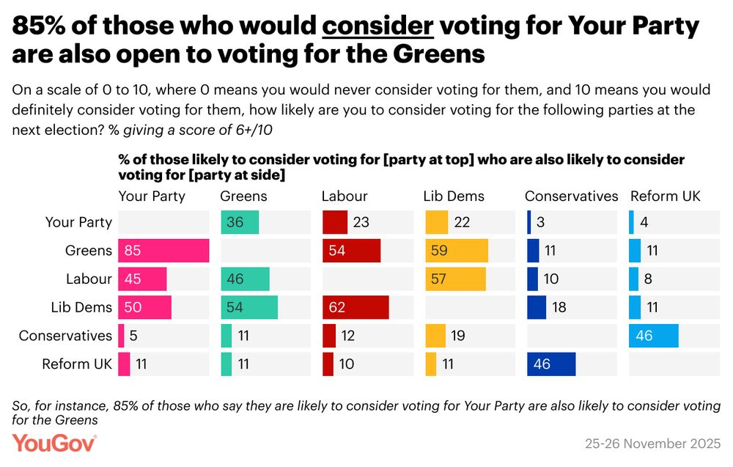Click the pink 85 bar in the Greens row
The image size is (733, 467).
coord(163,251)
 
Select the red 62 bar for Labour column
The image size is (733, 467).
coord(356,307)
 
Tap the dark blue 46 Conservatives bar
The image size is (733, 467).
coord(550,364)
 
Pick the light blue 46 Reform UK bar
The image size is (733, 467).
coord(653,336)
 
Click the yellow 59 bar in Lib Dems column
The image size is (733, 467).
coord(456,251)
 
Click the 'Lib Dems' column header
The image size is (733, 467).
coord(454,196)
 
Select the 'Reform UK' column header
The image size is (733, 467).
coord(665,196)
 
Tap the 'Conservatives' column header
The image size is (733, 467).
coord(572,196)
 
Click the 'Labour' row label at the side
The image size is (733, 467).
coord(89,279)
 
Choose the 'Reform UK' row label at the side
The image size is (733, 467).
coord(77,364)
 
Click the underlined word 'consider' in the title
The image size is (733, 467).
coord(378,28)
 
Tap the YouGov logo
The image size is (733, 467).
coord(54,443)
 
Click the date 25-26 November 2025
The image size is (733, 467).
coord(652,444)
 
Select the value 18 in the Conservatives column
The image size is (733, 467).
coord(559,307)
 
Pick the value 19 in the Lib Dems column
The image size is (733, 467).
coord(457,336)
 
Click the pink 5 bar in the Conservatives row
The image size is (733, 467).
coord(122,336)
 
